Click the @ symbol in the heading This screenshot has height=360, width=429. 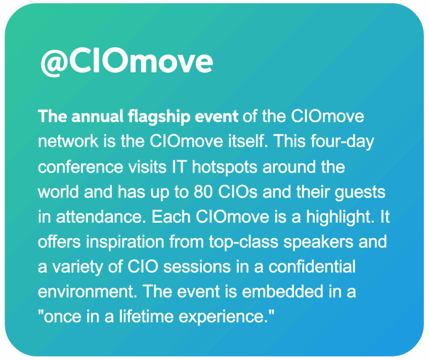point(54,62)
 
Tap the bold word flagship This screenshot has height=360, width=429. point(159,117)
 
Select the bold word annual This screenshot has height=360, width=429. point(97,116)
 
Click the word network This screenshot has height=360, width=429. point(68,141)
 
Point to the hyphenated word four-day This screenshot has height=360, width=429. point(342,142)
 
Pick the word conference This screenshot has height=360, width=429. point(80,167)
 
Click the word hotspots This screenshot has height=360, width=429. point(225,167)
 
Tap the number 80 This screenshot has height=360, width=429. point(203,192)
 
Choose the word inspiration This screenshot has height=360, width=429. point(125,243)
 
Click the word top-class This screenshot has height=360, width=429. point(244,243)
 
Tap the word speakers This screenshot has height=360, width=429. point(318,243)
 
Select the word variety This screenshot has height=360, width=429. point(78,267)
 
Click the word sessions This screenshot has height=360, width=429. point(197,267)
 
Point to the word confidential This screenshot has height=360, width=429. point(312,267)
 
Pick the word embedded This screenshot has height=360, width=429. point(283,291)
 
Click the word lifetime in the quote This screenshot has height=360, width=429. point(146,316)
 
